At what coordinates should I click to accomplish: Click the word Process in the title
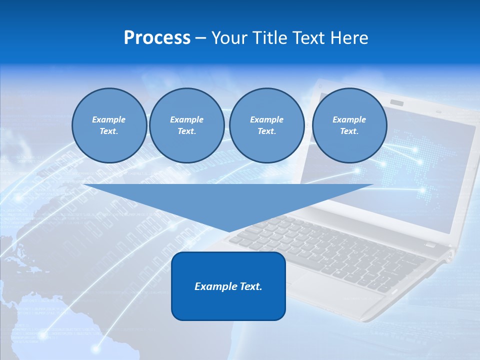pyautogui.click(x=157, y=38)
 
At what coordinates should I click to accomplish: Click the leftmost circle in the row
pyautogui.click(x=109, y=125)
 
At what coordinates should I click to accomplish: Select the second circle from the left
pyautogui.click(x=186, y=125)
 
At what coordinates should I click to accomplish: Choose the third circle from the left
pyautogui.click(x=266, y=125)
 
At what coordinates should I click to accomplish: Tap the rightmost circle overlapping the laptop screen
pyautogui.click(x=349, y=125)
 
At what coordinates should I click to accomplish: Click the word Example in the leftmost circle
pyautogui.click(x=109, y=119)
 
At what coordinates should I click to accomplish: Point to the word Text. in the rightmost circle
pyautogui.click(x=349, y=131)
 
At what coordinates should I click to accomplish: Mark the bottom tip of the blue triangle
pyautogui.click(x=228, y=231)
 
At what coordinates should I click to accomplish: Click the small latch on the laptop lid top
pyautogui.click(x=397, y=103)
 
